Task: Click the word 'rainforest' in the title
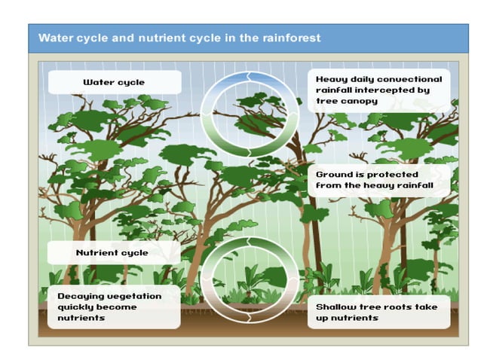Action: (286, 37)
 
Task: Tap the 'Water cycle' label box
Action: (114, 82)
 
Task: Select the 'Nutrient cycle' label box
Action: (114, 252)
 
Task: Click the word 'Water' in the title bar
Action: (56, 37)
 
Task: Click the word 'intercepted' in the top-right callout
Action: (381, 90)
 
